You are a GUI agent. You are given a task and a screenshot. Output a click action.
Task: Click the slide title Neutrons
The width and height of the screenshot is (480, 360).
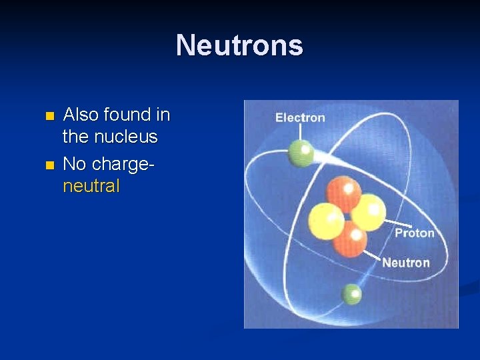click(239, 45)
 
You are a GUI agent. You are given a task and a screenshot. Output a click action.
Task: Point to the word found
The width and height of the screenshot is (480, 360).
click(127, 115)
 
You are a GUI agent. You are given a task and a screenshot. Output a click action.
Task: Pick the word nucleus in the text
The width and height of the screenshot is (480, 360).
click(127, 137)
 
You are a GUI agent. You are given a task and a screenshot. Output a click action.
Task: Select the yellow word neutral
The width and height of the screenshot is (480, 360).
click(91, 186)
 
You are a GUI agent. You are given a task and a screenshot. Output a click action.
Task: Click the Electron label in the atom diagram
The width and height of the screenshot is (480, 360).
click(300, 118)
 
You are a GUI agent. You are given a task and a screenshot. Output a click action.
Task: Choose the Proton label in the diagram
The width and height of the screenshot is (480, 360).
click(414, 233)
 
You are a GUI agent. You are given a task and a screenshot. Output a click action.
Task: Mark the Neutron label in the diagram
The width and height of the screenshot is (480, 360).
click(405, 263)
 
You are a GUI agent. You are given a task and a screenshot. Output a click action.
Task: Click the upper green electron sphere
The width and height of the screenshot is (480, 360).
click(301, 153)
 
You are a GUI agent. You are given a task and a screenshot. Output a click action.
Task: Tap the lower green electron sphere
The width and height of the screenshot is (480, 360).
click(351, 294)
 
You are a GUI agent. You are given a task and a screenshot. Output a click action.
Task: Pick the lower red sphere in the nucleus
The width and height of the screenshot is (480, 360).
click(350, 239)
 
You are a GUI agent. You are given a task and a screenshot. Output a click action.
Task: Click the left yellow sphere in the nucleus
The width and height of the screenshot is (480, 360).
click(326, 221)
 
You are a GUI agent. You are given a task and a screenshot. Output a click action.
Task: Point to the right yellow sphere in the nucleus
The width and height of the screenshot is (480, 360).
click(369, 212)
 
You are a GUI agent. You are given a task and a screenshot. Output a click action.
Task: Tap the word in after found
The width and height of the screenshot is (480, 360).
click(163, 115)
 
